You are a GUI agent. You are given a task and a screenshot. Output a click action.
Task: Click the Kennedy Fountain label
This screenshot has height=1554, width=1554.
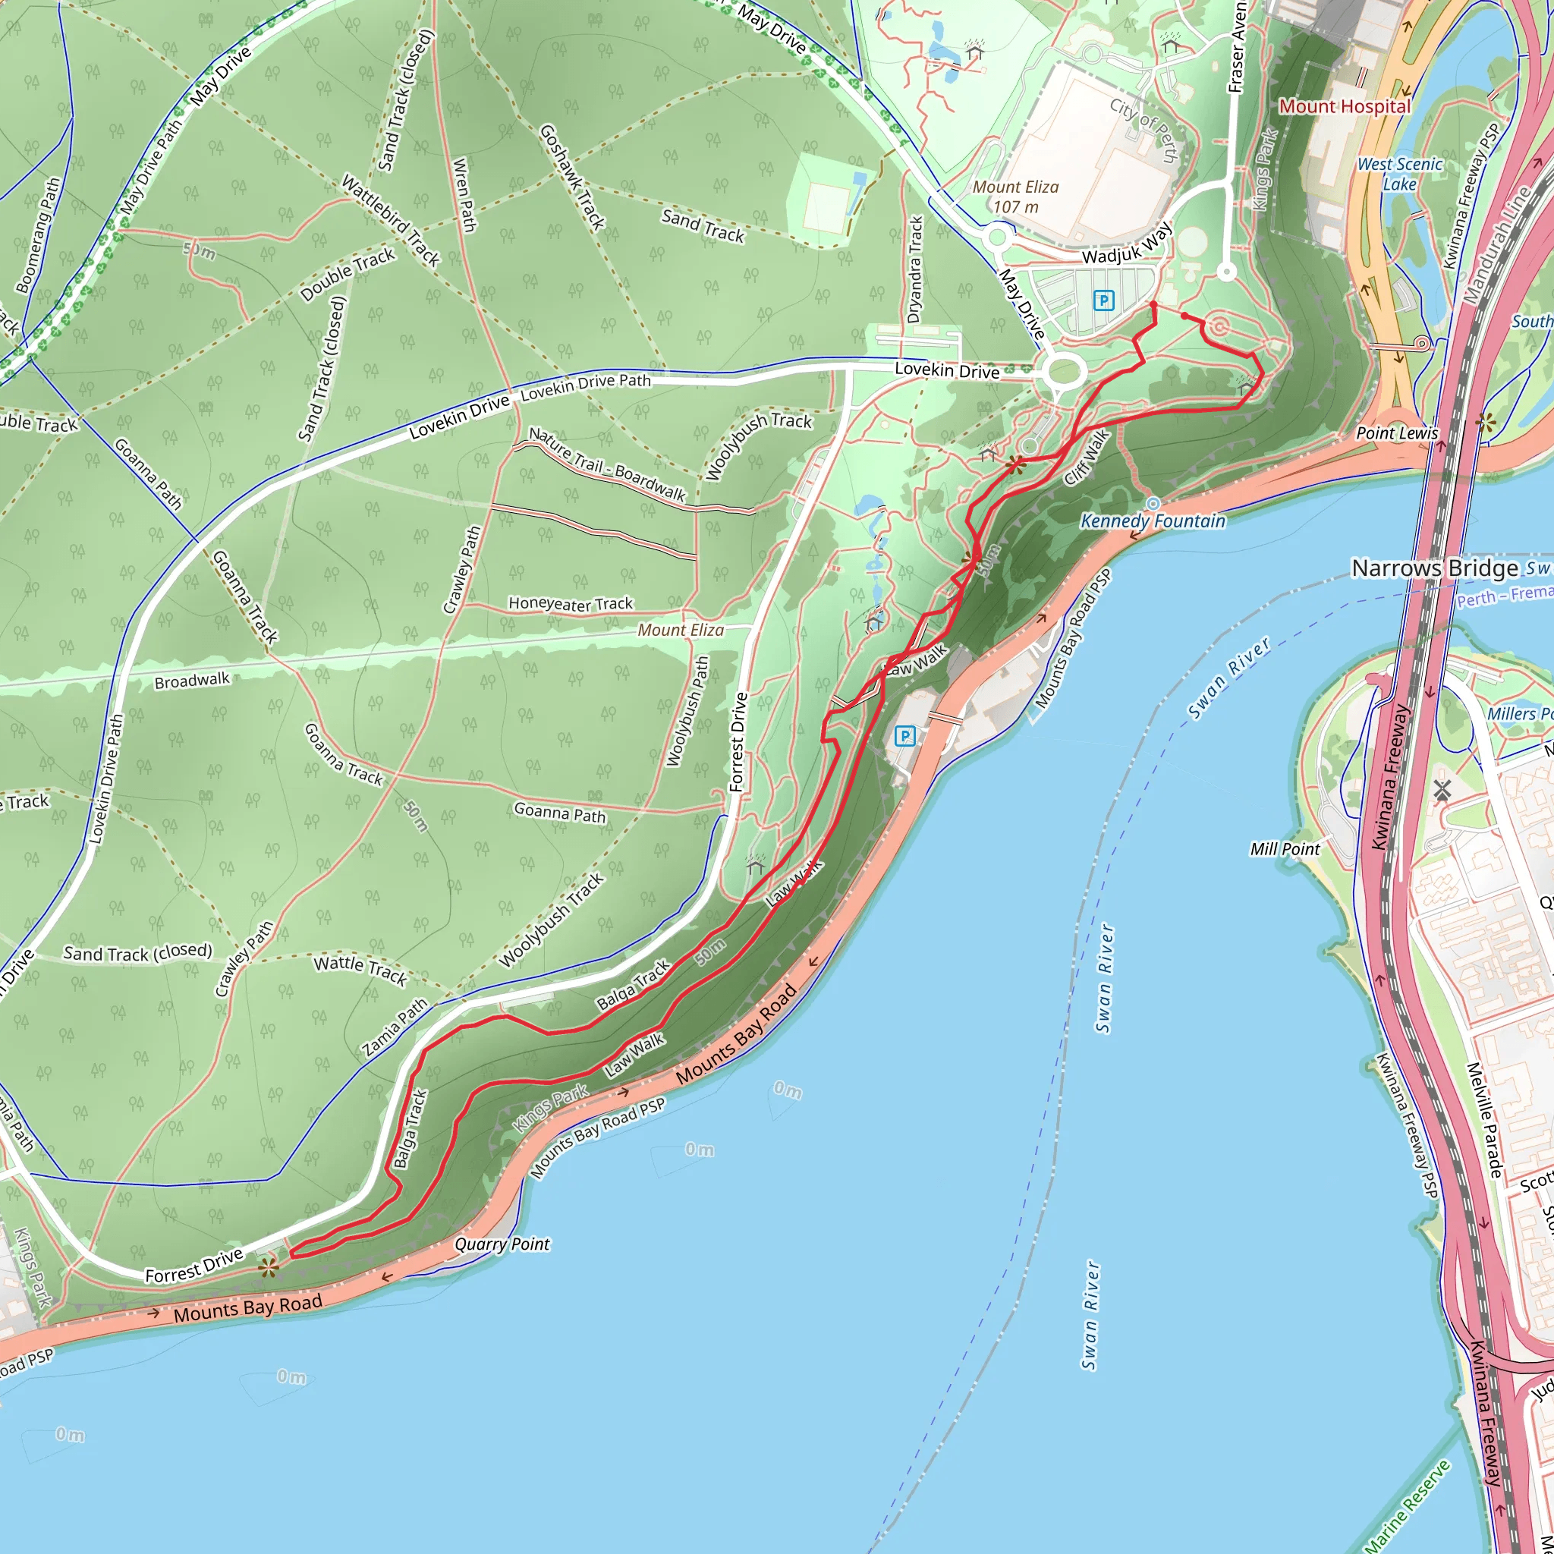(1153, 521)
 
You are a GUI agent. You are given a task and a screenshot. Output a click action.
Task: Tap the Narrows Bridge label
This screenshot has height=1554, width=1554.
(1434, 568)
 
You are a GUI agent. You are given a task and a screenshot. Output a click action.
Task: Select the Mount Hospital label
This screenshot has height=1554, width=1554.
(1345, 106)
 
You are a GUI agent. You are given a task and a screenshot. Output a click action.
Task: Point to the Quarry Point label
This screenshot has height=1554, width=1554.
(502, 1244)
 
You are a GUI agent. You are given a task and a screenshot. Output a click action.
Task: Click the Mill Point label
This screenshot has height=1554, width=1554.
(1285, 849)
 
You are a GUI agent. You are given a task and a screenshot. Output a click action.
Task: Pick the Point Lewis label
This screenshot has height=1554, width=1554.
(1396, 433)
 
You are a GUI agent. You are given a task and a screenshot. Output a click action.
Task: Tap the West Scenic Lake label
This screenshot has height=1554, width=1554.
(1399, 174)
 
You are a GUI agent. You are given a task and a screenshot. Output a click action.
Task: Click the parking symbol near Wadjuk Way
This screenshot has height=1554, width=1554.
(1103, 300)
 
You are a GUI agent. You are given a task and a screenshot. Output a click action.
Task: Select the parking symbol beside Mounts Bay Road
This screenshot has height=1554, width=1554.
(905, 735)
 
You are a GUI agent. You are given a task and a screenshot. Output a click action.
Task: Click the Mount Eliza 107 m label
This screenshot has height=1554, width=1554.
(1015, 197)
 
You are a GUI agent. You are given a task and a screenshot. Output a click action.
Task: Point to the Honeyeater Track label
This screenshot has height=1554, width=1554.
(571, 604)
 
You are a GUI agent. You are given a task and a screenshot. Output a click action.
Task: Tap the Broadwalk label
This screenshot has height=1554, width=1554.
(192, 681)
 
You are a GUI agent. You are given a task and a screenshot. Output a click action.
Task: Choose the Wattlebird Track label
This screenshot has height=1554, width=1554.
(391, 220)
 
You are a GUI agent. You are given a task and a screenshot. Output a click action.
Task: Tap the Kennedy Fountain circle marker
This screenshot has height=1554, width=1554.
(1153, 504)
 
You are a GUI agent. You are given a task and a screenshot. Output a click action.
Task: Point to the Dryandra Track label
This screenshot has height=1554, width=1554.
(914, 269)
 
